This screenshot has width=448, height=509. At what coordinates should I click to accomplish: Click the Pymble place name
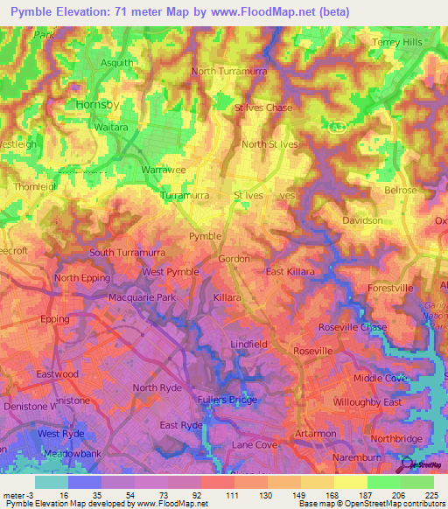tap(206, 237)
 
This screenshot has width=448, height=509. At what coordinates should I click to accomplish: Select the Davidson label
tap(362, 220)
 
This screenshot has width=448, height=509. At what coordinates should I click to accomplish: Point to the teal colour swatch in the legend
tap(51, 482)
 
